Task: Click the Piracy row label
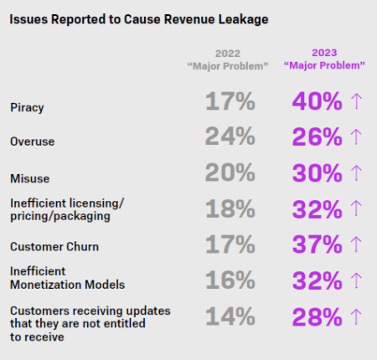(x=28, y=108)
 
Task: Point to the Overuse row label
(x=32, y=142)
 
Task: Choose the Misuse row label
(x=29, y=178)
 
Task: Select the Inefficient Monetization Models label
(x=61, y=278)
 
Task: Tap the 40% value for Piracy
(x=316, y=102)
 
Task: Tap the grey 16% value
(x=230, y=279)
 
